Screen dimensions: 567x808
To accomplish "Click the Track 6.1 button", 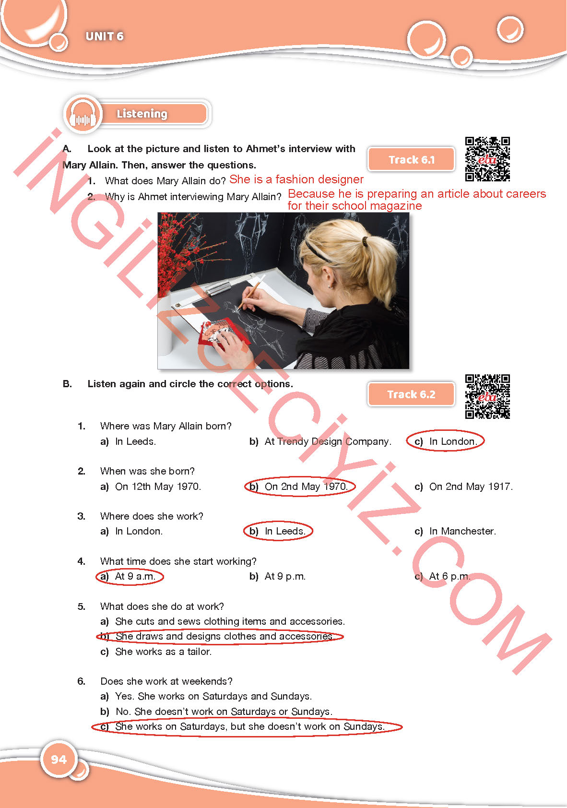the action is point(411,159).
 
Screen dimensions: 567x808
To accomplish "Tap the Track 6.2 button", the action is point(411,394).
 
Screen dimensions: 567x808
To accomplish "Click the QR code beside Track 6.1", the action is point(487,159).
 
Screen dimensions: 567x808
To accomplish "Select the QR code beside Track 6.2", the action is point(487,396).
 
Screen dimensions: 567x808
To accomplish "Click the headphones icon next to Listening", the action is point(83,115).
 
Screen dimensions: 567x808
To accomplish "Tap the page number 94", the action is point(59,760).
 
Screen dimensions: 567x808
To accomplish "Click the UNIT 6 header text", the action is point(105,36).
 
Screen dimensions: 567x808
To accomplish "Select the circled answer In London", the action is point(445,440).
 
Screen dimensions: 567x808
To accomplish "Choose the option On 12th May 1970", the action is point(151,487).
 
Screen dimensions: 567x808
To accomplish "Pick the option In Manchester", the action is point(455,531).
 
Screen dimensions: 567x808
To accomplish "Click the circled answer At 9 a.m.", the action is point(130,576).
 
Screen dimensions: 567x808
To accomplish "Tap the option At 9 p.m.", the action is point(277,576).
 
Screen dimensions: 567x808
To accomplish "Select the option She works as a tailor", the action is point(156,652).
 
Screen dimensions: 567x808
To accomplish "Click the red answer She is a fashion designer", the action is point(296,179).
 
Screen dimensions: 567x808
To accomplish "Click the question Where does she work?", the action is point(152,516).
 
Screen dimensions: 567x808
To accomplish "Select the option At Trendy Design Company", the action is point(320,441).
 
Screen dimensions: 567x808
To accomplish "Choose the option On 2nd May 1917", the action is point(463,487).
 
